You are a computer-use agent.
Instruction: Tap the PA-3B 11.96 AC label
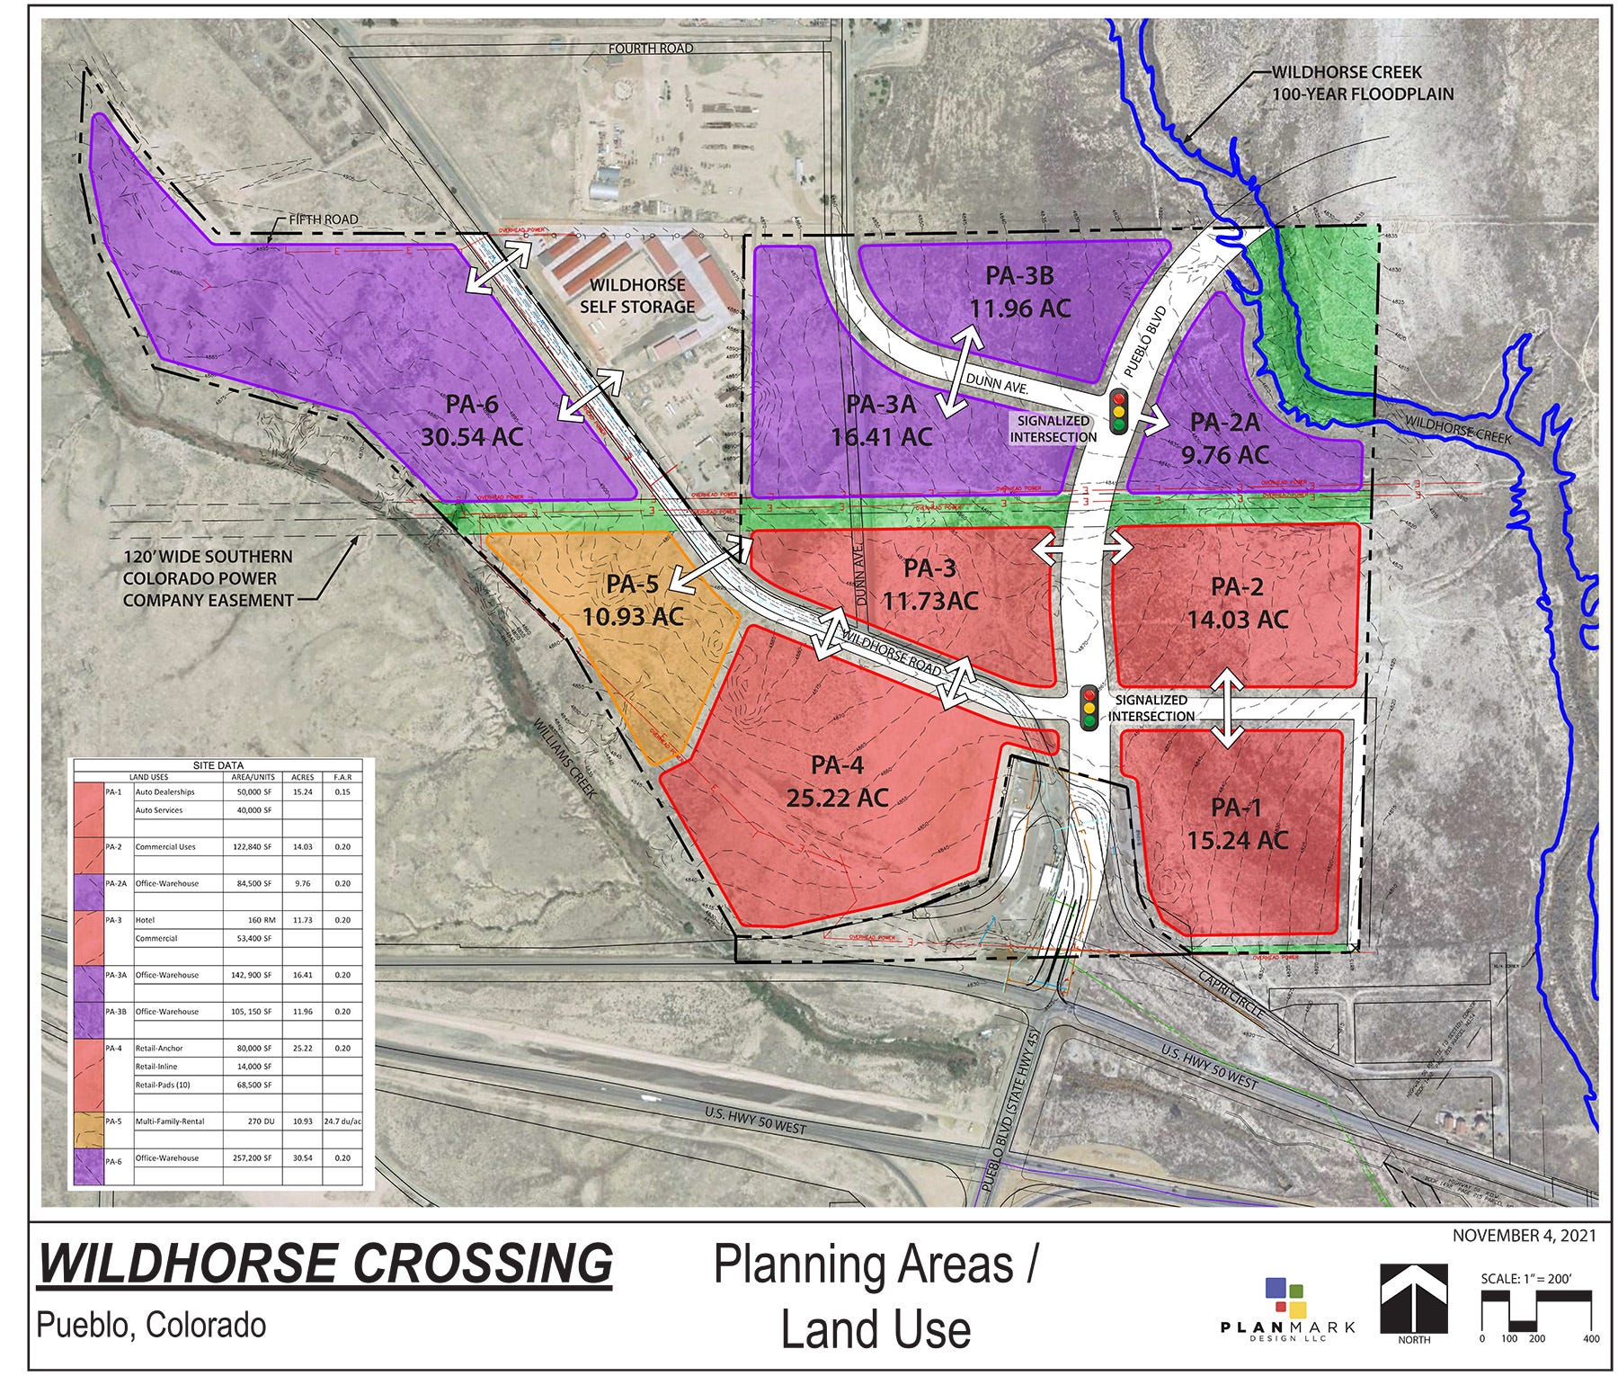tap(1019, 291)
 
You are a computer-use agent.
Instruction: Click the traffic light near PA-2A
tap(1119, 413)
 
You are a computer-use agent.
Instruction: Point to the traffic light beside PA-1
tap(1089, 708)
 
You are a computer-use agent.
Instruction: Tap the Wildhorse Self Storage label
tap(637, 296)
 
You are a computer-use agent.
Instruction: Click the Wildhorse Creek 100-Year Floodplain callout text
tap(1363, 83)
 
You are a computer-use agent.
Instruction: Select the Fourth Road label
tap(650, 48)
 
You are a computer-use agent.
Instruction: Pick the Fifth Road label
tap(323, 219)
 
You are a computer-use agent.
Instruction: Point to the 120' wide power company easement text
tap(208, 578)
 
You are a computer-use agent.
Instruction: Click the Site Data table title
tap(218, 765)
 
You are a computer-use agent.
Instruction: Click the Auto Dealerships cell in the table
tap(164, 792)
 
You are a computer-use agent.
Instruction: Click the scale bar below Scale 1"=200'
tap(1536, 1330)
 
